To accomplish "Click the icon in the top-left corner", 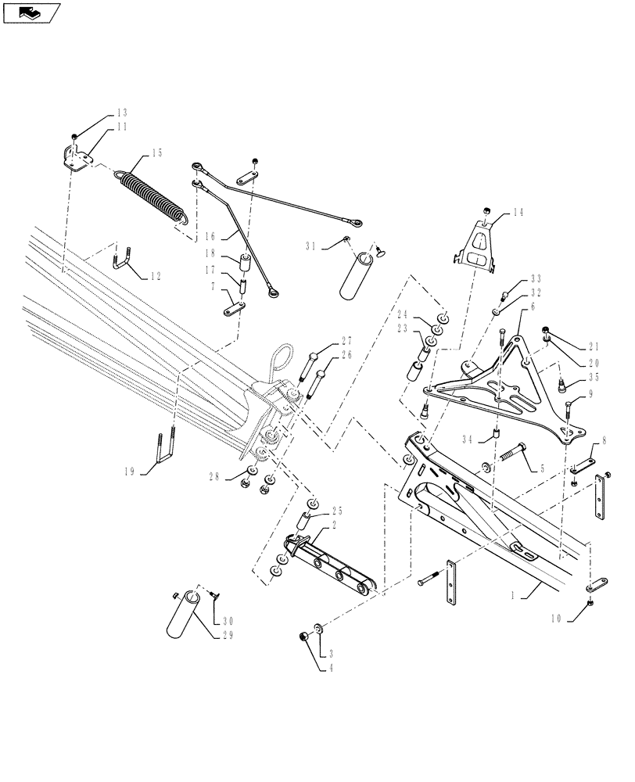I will coord(31,13).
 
